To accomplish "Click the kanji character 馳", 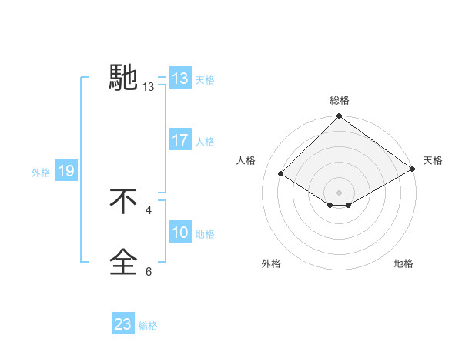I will tap(124, 77).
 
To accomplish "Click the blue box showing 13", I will tap(180, 79).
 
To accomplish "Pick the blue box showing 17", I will tap(180, 141).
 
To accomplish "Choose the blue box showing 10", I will tap(180, 233).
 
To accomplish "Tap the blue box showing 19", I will tap(66, 172).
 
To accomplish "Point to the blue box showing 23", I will tap(123, 324).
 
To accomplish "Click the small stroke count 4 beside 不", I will tap(149, 209).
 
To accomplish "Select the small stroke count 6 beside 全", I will tap(149, 271).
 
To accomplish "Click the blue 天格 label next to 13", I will tap(205, 80).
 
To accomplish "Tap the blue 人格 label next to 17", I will tap(205, 142).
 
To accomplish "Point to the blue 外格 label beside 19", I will tap(41, 173).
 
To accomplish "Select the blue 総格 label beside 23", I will tap(148, 326).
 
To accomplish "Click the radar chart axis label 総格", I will tap(340, 100).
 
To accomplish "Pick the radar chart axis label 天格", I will tap(433, 160).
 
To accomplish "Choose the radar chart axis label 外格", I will tap(271, 263).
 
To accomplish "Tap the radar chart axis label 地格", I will tap(403, 263).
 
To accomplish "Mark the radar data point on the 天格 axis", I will tap(413, 169).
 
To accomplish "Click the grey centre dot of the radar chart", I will tap(340, 192).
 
